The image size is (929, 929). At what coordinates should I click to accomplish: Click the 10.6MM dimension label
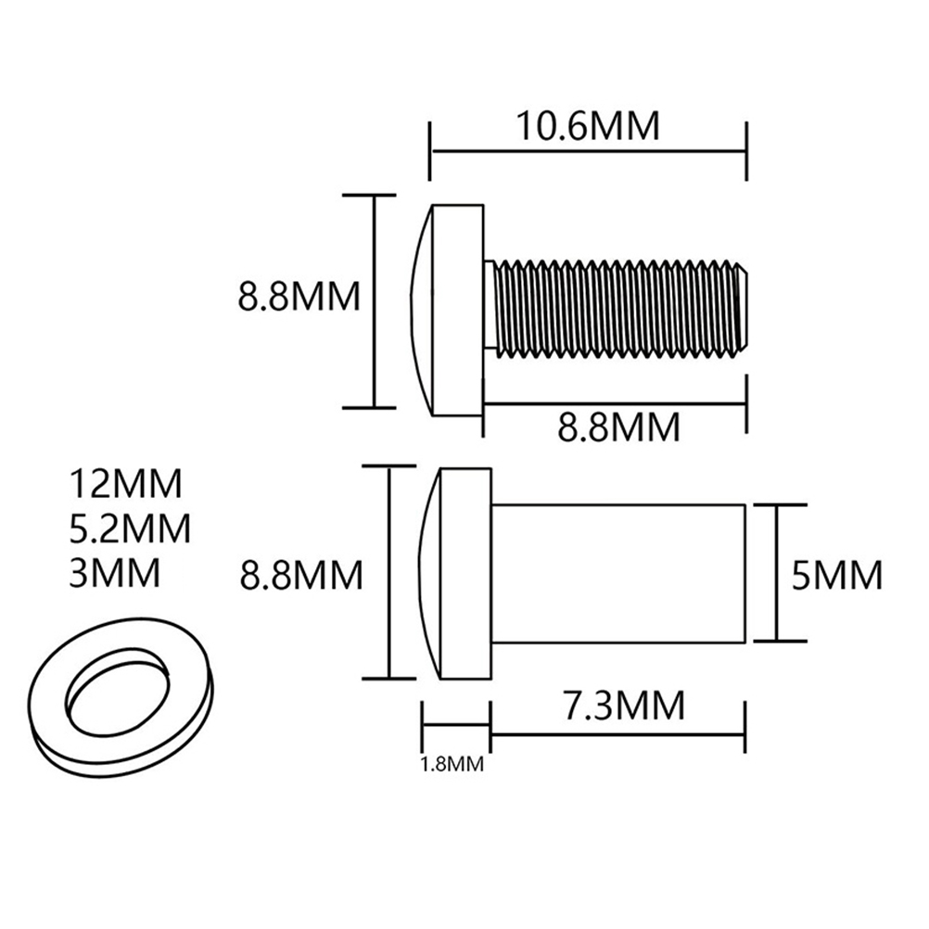pos(588,125)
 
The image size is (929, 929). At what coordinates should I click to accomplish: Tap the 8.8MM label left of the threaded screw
pos(299,297)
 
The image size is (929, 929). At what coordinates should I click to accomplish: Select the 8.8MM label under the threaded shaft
pos(618,426)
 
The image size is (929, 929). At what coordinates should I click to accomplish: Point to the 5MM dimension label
pos(837,575)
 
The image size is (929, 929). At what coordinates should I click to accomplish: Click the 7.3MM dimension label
pos(624,705)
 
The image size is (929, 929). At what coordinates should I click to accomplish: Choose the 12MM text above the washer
pos(125,483)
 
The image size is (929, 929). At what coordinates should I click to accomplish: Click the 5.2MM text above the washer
pos(130,528)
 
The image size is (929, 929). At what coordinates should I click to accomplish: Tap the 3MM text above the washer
pos(114,572)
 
